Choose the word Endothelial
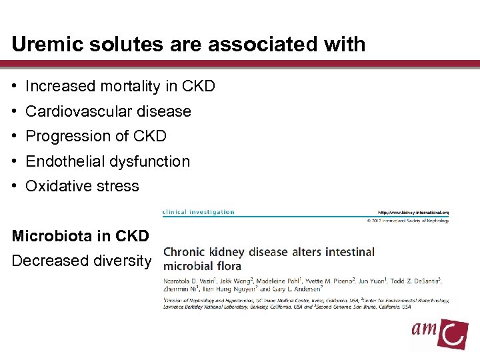coord(64,161)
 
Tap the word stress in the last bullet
coord(118,186)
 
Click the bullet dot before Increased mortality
coord(15,87)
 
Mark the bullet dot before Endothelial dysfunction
coord(15,161)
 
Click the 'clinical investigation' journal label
coord(199,212)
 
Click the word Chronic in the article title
coord(186,253)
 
